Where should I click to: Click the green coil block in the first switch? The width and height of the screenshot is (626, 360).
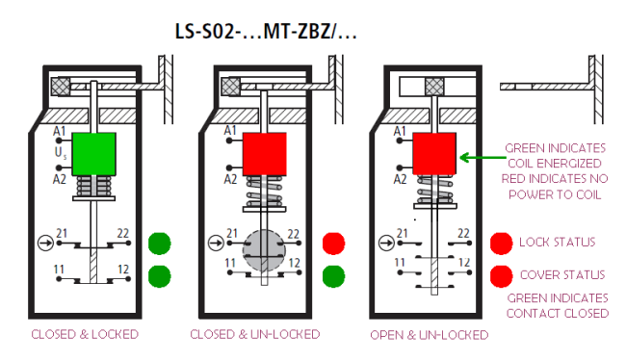point(93,152)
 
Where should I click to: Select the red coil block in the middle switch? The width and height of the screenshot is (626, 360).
point(264,152)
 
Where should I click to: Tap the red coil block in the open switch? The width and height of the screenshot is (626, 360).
point(433,153)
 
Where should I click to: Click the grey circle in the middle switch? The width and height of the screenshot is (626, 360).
point(264,248)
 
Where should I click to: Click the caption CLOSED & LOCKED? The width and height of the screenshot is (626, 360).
point(85,335)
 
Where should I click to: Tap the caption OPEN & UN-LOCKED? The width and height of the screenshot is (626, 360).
point(430,335)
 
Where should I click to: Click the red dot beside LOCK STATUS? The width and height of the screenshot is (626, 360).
point(501,242)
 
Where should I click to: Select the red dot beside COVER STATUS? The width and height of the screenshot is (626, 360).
point(501,275)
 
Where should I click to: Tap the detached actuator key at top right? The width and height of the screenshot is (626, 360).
point(545,87)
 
